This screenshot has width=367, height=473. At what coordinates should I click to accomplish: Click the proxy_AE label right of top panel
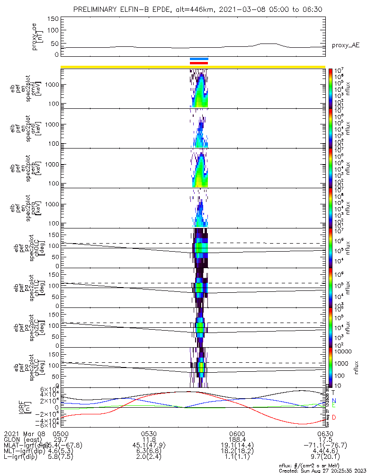[345, 45]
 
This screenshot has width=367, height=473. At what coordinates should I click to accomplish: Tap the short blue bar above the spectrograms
[199, 59]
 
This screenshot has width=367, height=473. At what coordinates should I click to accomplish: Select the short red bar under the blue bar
[199, 63]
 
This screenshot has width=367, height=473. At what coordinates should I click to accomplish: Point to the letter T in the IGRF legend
[333, 392]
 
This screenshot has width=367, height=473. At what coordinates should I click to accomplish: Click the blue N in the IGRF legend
[333, 401]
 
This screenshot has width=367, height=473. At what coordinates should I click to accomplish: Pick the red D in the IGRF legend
[333, 417]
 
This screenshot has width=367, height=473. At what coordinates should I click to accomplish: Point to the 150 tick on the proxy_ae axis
[53, 19]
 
